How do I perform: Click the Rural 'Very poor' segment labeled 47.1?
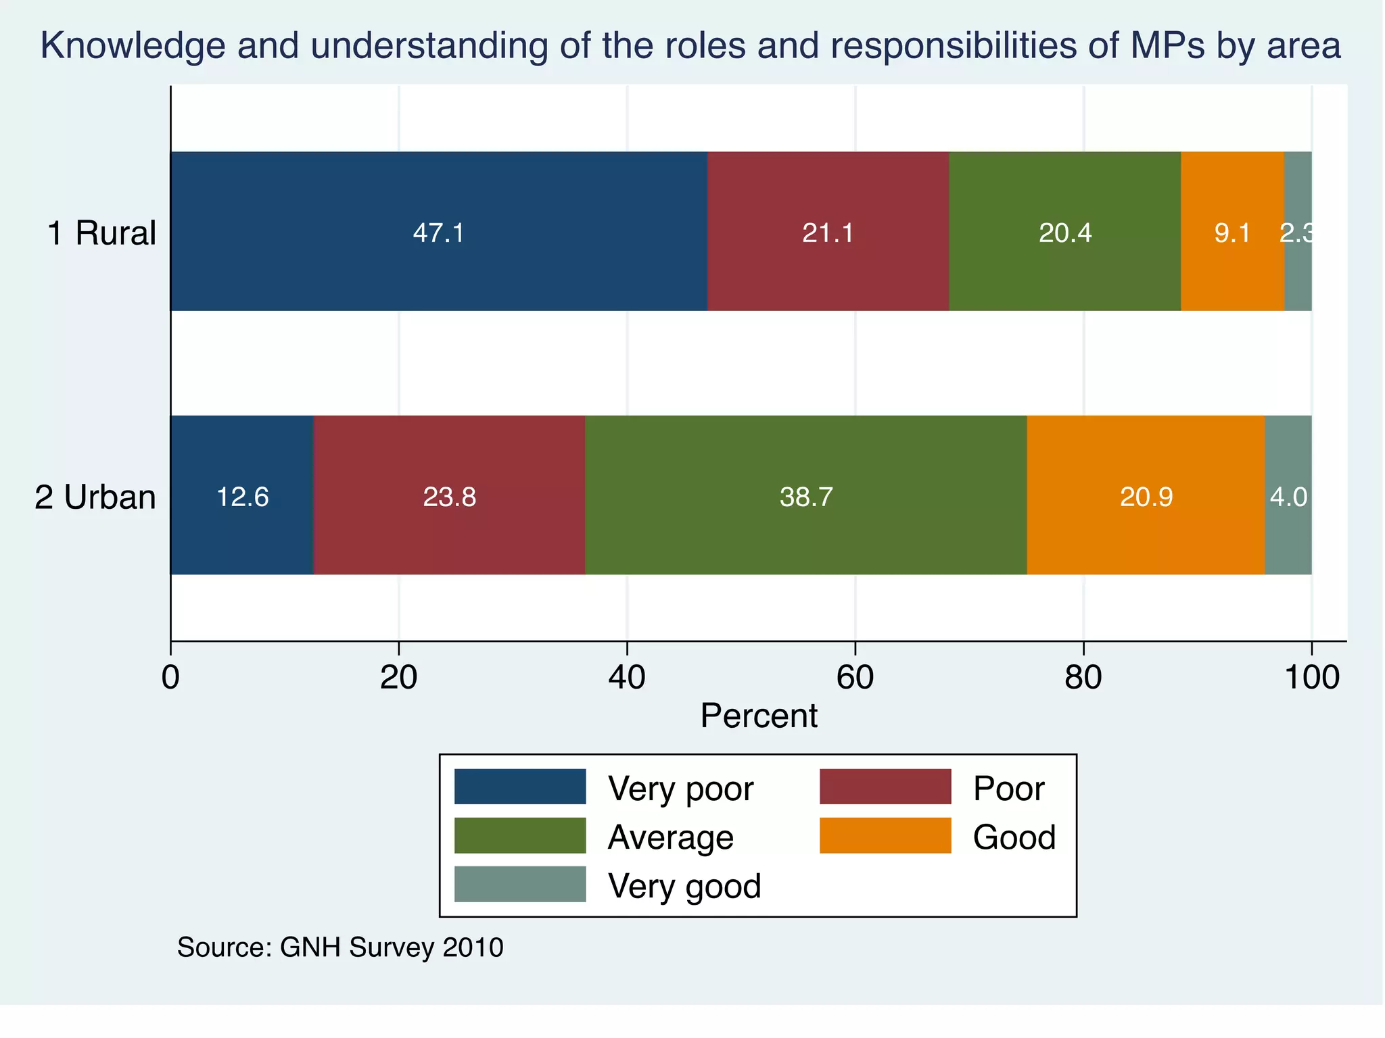pos(438,231)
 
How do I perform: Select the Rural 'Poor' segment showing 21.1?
pos(828,231)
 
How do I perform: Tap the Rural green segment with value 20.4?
pos(1064,231)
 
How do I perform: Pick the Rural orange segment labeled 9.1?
pos(1232,231)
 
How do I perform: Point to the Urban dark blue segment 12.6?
pos(242,495)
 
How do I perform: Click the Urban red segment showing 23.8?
pos(449,495)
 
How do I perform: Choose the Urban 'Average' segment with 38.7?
pos(805,495)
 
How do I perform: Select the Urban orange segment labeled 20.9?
pos(1146,495)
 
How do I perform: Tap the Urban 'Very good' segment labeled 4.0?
pos(1288,495)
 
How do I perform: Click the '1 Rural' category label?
pos(101,233)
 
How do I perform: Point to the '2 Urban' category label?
pos(95,497)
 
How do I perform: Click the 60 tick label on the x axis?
pos(855,678)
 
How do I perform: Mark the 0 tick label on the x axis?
pos(171,678)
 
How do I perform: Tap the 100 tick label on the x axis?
pos(1311,678)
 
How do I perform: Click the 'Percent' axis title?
pos(759,716)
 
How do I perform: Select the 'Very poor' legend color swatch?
pos(519,787)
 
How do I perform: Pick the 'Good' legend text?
pos(1014,837)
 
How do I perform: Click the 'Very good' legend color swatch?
pos(519,884)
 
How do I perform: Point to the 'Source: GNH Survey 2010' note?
pos(340,947)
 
